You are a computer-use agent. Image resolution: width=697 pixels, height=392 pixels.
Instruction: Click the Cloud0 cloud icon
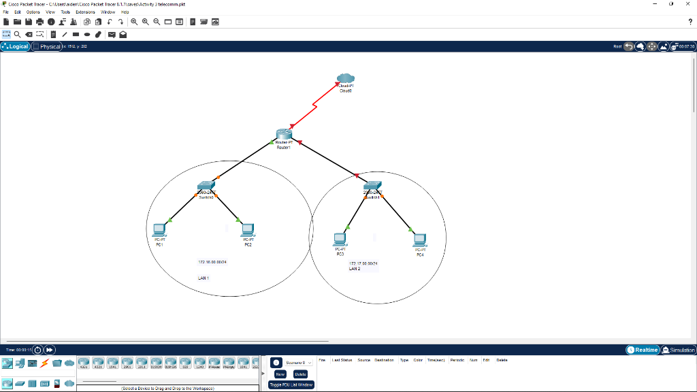pyautogui.click(x=346, y=78)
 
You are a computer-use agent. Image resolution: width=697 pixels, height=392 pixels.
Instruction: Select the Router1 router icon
pyautogui.click(x=284, y=134)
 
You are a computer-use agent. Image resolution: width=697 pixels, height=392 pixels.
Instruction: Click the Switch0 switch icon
pyautogui.click(x=206, y=186)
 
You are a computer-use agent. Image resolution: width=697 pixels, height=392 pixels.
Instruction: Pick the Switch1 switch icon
pyautogui.click(x=372, y=185)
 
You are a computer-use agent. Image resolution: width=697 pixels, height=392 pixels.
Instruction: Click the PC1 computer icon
pyautogui.click(x=159, y=230)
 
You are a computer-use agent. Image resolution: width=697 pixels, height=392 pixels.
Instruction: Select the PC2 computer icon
pyautogui.click(x=248, y=230)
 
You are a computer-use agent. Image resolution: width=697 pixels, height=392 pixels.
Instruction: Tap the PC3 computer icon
pyautogui.click(x=340, y=240)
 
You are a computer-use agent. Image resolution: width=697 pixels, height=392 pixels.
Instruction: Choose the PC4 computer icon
pyautogui.click(x=420, y=240)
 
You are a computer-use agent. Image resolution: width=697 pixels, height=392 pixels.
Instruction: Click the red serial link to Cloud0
pyautogui.click(x=314, y=105)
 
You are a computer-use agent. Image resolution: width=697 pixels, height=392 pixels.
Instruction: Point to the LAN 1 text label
pyautogui.click(x=204, y=278)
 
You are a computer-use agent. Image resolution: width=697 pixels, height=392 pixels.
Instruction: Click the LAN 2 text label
pyautogui.click(x=355, y=269)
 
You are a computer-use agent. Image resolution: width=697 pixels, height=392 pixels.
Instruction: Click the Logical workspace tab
pyautogui.click(x=16, y=46)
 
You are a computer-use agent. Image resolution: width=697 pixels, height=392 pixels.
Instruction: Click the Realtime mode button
pyautogui.click(x=643, y=350)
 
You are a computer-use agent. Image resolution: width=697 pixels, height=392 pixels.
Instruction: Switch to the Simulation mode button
pyautogui.click(x=679, y=350)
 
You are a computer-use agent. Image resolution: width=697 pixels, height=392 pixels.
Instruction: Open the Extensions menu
pyautogui.click(x=85, y=12)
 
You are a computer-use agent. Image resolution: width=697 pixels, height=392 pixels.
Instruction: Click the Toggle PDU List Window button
pyautogui.click(x=291, y=385)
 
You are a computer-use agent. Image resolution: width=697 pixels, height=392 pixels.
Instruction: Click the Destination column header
pyautogui.click(x=384, y=360)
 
